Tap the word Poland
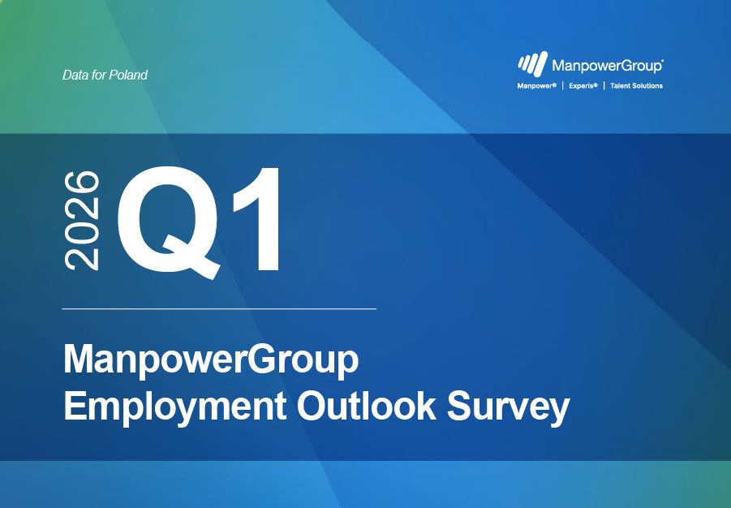129,75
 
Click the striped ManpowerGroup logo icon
532,65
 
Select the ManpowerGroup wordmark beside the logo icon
605,66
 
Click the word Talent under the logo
621,86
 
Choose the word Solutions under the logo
648,86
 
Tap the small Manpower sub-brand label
535,86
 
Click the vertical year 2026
82,220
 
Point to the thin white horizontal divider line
219,309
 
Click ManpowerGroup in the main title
211,360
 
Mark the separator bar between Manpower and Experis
563,86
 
